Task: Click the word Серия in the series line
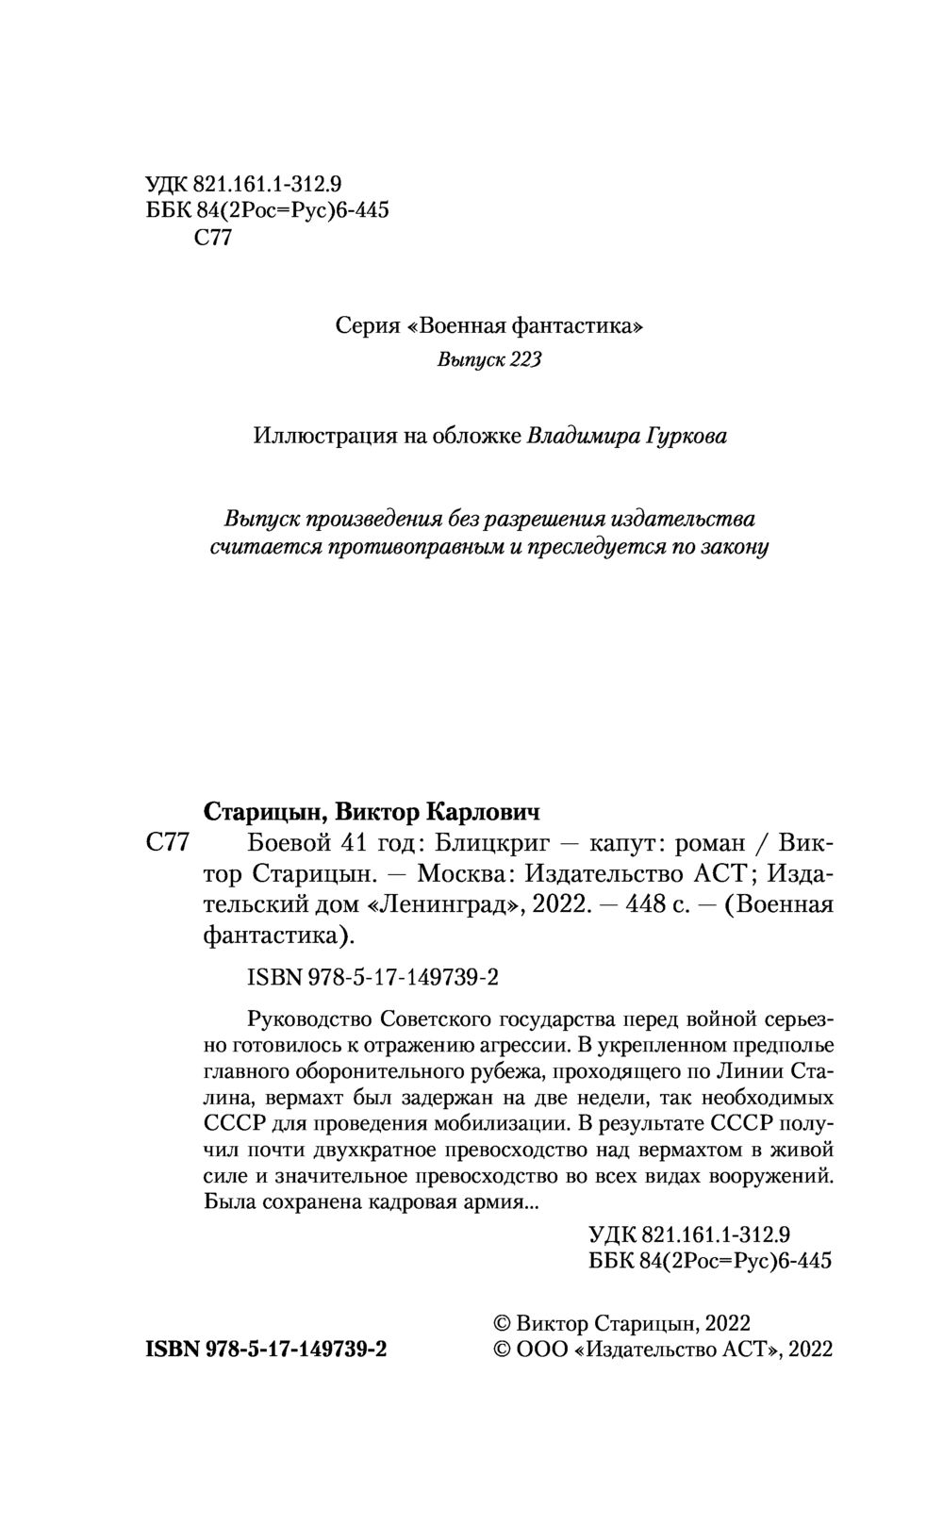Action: [365, 326]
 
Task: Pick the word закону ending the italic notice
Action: [736, 547]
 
